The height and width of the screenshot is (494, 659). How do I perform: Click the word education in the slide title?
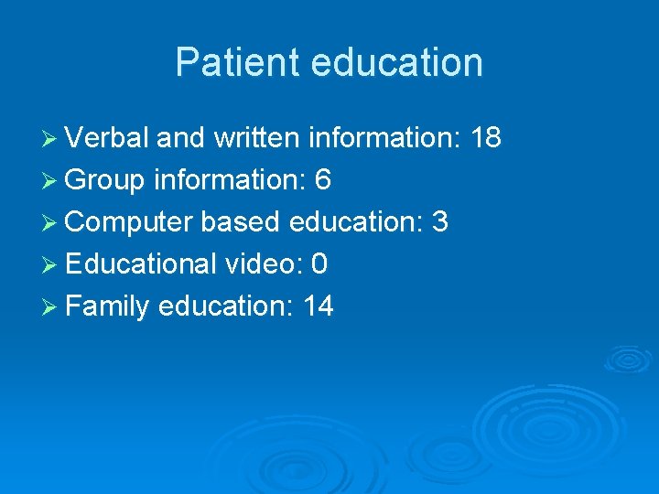point(396,63)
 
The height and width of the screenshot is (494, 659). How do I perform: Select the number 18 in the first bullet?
point(484,138)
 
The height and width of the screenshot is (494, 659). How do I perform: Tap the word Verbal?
point(106,138)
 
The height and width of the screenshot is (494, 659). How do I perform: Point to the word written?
point(257,138)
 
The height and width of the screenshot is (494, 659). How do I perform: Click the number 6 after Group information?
point(322,180)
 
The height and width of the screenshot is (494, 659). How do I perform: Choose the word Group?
point(105,180)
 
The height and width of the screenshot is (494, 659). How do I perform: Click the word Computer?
point(129,222)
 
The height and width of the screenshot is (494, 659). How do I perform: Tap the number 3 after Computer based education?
point(439,222)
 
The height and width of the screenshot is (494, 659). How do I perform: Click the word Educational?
point(140,264)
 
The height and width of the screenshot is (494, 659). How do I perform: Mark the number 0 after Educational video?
point(319,264)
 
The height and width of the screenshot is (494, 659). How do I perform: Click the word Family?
point(107,306)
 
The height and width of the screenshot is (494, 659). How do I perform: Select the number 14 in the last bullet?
point(318,306)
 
